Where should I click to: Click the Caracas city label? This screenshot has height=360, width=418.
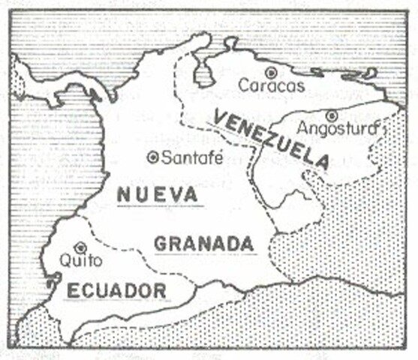tap(272, 85)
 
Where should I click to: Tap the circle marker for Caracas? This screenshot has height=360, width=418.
tap(272, 72)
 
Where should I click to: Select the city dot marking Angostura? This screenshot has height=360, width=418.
tap(331, 115)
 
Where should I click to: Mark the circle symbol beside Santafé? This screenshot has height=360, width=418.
tap(153, 157)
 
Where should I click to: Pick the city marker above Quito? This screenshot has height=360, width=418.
tap(82, 247)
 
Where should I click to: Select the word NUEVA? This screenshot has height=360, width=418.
tap(157, 194)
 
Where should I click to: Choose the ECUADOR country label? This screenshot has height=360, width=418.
tap(115, 290)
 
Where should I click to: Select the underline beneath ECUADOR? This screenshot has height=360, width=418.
tap(115, 301)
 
